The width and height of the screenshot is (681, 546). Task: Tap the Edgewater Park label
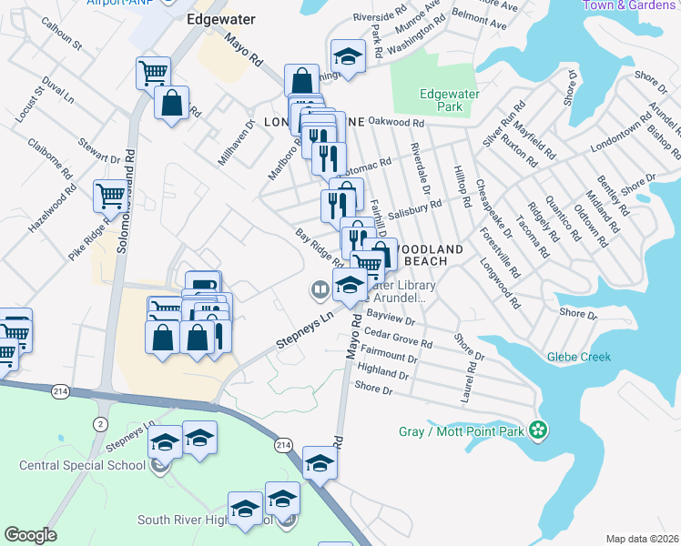point(442,100)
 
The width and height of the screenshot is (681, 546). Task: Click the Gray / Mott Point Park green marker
point(538,430)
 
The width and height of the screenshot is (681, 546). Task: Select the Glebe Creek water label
point(579,357)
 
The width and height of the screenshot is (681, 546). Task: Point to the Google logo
point(30,534)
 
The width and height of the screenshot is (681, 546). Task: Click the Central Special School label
point(82,466)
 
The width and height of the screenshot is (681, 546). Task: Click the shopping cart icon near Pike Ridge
point(110,194)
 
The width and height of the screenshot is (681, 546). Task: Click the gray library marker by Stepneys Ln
point(320,291)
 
